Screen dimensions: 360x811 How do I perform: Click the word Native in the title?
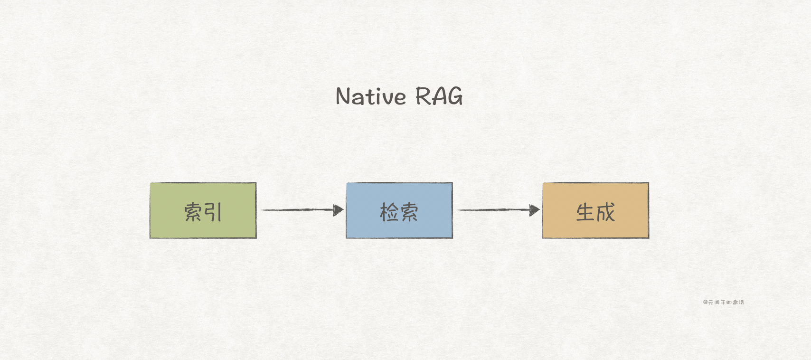[x=371, y=96]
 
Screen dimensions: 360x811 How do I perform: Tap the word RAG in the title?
[x=439, y=96]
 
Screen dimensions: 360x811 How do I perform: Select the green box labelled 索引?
[x=203, y=210]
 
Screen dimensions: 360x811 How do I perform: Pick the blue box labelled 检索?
[x=399, y=210]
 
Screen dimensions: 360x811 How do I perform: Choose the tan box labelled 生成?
[x=595, y=210]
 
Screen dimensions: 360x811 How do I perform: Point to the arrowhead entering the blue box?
[x=339, y=210]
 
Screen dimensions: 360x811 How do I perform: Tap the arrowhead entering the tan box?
[x=535, y=210]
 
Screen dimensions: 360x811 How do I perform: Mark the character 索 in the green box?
[x=193, y=212]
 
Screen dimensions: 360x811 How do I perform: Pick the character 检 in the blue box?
[x=389, y=212]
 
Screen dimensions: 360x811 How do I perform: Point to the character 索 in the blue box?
[x=409, y=212]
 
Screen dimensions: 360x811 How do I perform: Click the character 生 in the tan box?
[x=585, y=212]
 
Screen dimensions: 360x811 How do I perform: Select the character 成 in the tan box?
[x=605, y=212]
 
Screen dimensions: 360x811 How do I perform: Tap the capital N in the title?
[x=343, y=96]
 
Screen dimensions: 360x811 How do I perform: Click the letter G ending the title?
[x=454, y=96]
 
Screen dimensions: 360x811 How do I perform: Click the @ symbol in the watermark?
[x=706, y=302]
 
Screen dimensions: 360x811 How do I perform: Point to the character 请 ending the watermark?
[x=741, y=302]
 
